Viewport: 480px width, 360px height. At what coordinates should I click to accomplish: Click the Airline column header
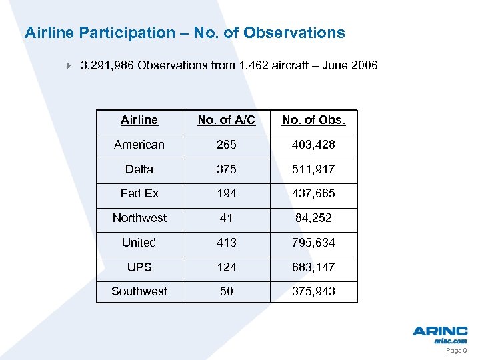click(139, 120)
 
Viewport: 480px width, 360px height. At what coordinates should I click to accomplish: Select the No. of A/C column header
click(226, 120)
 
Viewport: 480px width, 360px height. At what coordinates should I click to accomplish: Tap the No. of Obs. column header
click(313, 120)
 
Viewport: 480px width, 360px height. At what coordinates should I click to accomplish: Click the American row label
click(139, 145)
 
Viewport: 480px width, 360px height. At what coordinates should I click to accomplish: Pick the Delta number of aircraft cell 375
click(226, 169)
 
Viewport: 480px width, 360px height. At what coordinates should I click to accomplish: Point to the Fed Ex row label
click(139, 193)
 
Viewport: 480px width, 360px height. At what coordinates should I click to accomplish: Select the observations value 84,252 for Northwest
click(313, 218)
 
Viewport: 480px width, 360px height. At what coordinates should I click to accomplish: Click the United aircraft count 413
click(226, 243)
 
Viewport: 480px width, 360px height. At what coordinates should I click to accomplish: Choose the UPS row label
click(139, 267)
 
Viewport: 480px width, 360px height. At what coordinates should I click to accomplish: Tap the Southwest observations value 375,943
click(313, 291)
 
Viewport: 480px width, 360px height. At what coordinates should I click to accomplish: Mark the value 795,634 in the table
click(313, 243)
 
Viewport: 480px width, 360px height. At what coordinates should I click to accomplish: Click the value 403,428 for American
click(313, 145)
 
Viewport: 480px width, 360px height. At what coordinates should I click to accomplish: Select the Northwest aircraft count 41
click(226, 218)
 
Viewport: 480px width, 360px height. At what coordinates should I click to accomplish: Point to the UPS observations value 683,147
click(313, 267)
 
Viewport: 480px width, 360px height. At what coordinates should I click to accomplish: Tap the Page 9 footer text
click(455, 350)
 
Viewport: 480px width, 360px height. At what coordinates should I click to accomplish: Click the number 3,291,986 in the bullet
click(107, 65)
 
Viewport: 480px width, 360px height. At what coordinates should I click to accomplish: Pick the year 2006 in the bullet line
click(364, 65)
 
